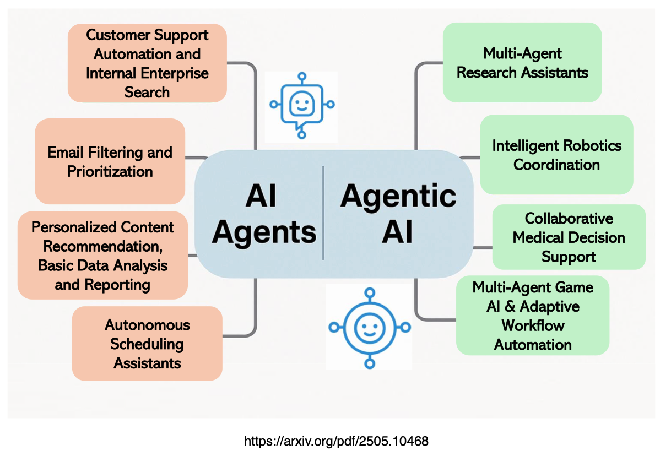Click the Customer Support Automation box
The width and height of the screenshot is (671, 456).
pyautogui.click(x=147, y=63)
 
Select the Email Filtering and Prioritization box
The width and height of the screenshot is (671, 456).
pyautogui.click(x=110, y=161)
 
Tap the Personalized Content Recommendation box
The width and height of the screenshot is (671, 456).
pyautogui.click(x=102, y=256)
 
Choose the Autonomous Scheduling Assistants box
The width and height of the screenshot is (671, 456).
pyautogui.click(x=147, y=344)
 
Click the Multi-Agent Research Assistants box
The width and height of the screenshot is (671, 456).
pyautogui.click(x=522, y=62)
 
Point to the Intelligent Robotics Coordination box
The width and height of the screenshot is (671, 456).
pyautogui.click(x=556, y=155)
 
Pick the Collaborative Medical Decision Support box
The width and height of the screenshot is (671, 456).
pyautogui.click(x=569, y=237)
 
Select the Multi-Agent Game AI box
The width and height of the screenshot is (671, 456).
pyautogui.click(x=533, y=316)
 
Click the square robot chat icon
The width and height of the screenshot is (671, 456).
pyautogui.click(x=301, y=105)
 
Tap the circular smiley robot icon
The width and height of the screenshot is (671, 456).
pyautogui.click(x=369, y=327)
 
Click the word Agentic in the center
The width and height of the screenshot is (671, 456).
pyautogui.click(x=398, y=196)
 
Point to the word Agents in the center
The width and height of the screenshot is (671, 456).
pyautogui.click(x=264, y=232)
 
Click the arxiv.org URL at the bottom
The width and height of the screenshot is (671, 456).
pyautogui.click(x=336, y=441)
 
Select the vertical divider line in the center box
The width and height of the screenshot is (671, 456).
pyautogui.click(x=323, y=213)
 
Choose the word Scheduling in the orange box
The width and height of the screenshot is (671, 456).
pyautogui.click(x=147, y=344)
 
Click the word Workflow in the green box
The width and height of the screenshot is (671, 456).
pyautogui.click(x=533, y=325)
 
